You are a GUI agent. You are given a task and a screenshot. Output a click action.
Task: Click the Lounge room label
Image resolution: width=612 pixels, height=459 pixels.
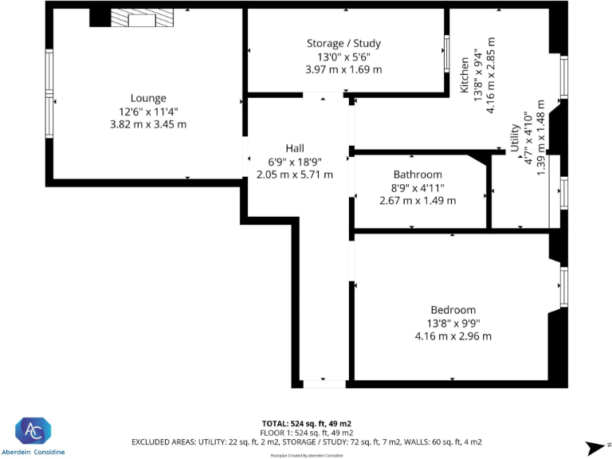click(148, 98)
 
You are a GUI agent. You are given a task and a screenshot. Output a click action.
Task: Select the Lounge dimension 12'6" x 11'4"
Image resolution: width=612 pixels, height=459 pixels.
click(148, 112)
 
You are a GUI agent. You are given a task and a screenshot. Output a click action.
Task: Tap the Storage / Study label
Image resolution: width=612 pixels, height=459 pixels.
click(343, 43)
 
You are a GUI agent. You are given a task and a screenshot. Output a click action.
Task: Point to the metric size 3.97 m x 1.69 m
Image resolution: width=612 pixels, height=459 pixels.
click(343, 69)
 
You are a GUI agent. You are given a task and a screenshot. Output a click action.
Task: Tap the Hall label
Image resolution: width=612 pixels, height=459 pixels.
click(295, 148)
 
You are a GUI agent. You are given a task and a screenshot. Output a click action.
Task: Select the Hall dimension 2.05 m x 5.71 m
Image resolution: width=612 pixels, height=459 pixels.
click(295, 175)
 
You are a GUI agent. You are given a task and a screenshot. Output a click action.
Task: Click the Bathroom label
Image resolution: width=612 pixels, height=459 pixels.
click(418, 175)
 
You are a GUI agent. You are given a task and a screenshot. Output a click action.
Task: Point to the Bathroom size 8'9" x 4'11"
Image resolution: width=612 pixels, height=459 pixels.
click(418, 188)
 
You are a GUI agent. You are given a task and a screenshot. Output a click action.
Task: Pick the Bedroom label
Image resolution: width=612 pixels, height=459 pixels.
click(453, 310)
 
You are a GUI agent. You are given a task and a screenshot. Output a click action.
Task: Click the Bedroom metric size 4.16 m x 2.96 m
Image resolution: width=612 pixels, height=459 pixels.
click(453, 336)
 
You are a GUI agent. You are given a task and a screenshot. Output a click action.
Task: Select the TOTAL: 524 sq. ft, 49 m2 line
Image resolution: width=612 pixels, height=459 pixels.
click(306, 423)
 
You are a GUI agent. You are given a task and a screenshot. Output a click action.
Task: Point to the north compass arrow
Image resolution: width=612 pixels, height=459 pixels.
click(594, 447)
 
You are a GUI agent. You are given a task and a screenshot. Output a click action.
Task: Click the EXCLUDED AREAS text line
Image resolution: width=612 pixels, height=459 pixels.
click(306, 441)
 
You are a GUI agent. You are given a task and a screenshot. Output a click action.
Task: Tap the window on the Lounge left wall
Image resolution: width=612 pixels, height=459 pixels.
click(49, 94)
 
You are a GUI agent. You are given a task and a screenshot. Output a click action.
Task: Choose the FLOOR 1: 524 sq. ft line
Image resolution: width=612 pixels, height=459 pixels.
click(306, 432)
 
